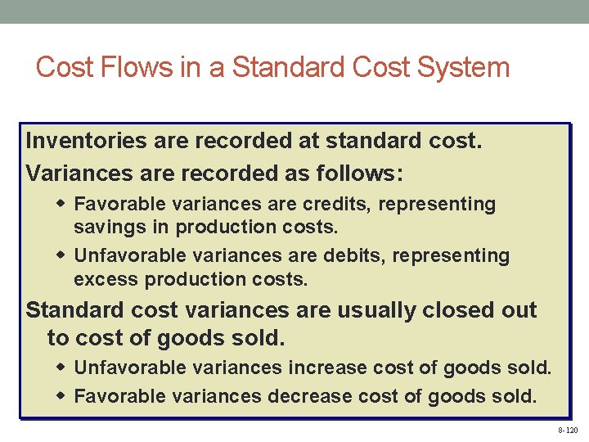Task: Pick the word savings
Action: (x=105, y=226)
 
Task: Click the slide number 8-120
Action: (x=567, y=430)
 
